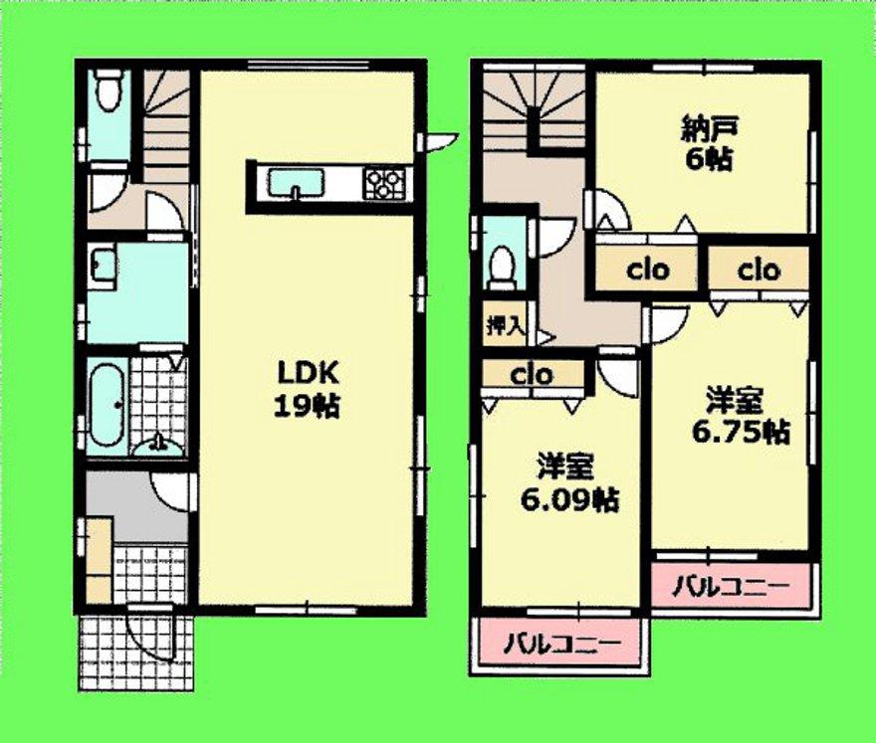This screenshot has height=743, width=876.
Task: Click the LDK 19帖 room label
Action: tap(309, 389)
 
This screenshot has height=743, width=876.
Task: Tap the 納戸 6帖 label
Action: tap(708, 144)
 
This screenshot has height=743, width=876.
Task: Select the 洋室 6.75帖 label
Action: tap(735, 417)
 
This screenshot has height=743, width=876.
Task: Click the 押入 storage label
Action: tap(498, 324)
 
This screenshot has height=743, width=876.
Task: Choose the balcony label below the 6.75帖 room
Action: tap(735, 585)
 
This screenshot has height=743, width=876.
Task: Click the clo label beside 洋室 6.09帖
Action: tap(532, 376)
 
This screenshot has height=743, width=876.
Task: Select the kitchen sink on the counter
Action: tap(297, 183)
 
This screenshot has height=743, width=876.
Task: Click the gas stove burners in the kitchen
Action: tap(384, 183)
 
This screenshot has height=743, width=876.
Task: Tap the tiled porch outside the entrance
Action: tap(129, 656)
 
